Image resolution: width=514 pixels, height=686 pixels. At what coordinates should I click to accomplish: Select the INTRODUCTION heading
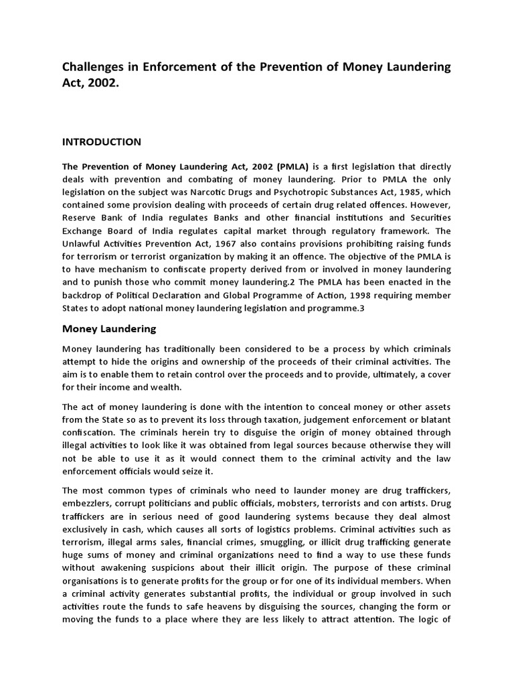tap(102, 142)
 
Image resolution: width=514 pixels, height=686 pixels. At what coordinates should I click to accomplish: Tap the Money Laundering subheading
tap(109, 329)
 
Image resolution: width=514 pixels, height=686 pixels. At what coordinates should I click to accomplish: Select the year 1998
tap(369, 295)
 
